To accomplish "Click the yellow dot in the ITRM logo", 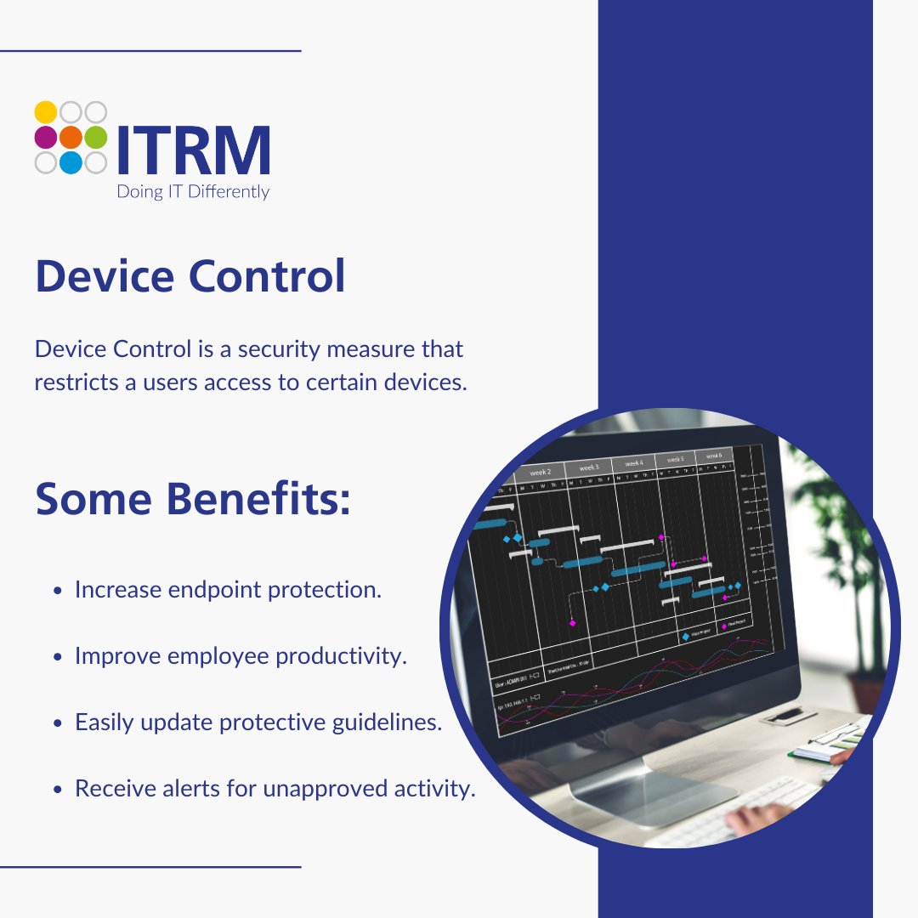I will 46,112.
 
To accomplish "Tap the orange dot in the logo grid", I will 71,138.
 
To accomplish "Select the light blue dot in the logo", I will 71,162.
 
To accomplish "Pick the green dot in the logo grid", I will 96,138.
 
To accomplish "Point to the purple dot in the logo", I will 46,138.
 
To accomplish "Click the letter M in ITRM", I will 241,151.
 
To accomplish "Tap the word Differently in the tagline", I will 228,192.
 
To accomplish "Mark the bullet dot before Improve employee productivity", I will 57,657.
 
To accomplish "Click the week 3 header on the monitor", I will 589,467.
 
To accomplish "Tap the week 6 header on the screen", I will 714,456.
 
